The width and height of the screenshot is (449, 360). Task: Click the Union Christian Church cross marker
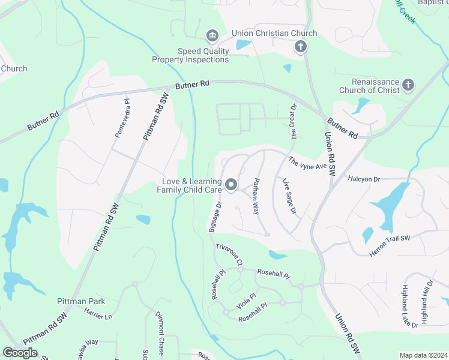click(301, 46)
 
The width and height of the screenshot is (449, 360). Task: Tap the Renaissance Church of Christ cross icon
click(408, 85)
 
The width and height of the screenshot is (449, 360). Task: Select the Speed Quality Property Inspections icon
click(211, 37)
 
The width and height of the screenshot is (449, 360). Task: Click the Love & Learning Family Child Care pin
click(231, 185)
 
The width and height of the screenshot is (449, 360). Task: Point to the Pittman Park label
click(81, 301)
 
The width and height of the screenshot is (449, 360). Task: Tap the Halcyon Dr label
click(364, 179)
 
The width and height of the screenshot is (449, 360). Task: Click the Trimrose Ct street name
click(229, 254)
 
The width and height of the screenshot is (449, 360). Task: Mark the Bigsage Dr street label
click(214, 217)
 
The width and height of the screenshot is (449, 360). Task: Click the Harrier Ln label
click(98, 312)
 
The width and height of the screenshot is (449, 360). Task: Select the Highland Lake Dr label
click(410, 306)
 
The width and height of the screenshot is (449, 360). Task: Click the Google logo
click(20, 353)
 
